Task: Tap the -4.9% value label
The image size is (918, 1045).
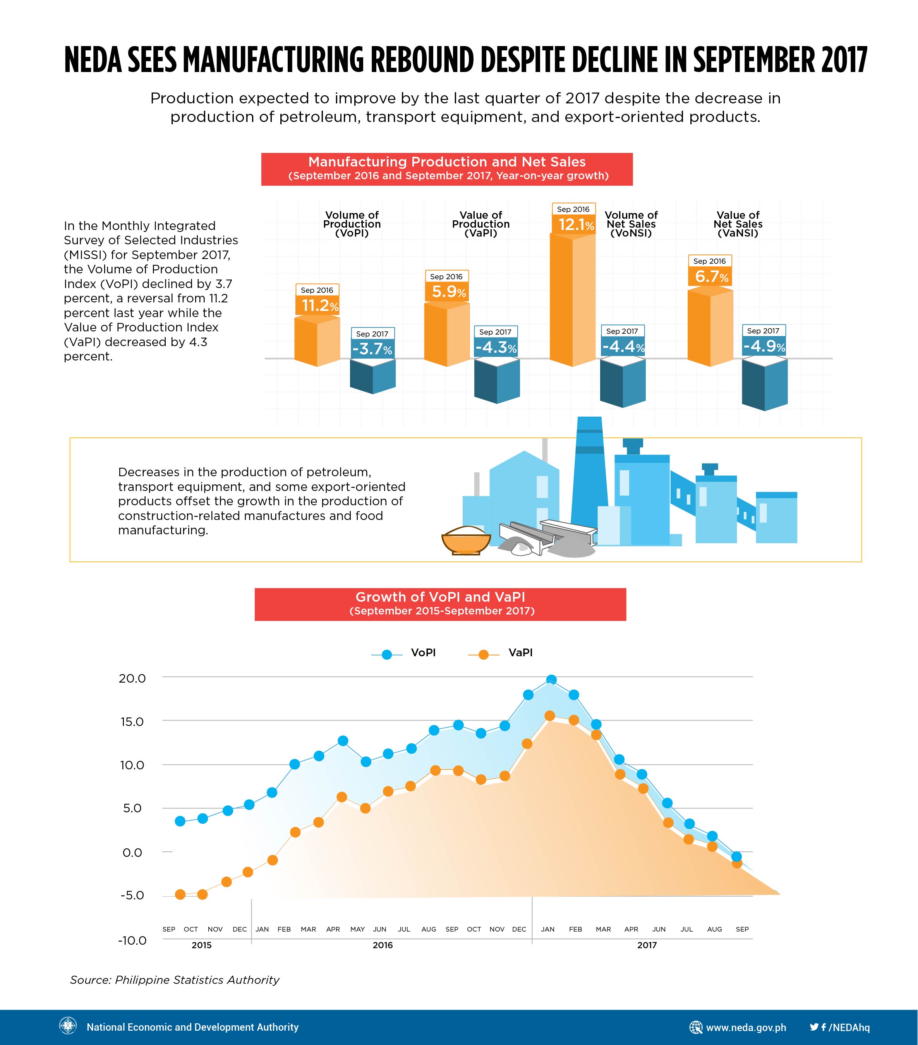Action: (x=764, y=346)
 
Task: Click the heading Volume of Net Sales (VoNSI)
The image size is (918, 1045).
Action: (x=631, y=224)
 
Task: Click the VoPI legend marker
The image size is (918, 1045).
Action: (x=387, y=654)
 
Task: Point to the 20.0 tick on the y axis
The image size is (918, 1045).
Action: (x=132, y=678)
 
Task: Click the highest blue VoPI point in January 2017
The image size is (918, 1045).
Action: (x=551, y=680)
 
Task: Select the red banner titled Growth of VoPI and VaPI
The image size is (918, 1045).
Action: (x=440, y=604)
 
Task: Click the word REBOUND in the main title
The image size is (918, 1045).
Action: (x=422, y=60)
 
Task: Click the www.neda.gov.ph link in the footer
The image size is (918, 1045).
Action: (x=746, y=1027)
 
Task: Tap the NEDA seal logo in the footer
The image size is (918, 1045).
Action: (x=69, y=1026)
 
